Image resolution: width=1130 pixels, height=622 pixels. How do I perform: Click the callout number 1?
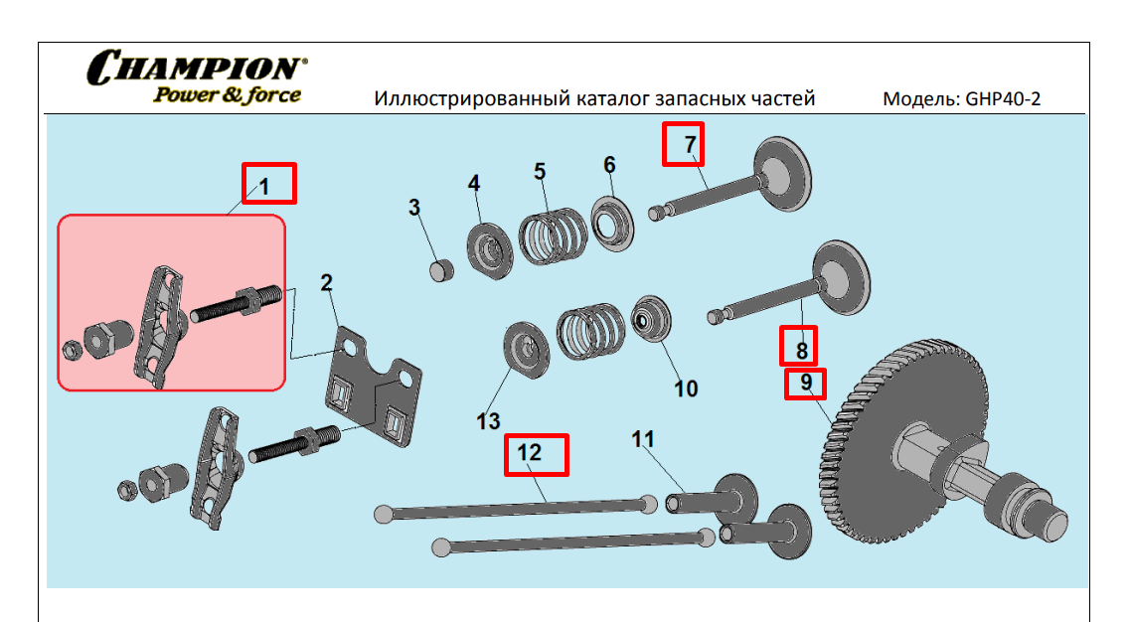tap(265, 185)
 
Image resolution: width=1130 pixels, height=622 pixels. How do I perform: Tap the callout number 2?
tap(326, 282)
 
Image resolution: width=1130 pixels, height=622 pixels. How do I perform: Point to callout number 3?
tap(414, 208)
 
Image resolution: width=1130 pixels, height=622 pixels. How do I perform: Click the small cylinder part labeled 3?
tap(441, 268)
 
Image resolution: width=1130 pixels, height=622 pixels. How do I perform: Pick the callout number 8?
tap(801, 349)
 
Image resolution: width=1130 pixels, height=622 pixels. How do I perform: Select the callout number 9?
tap(806, 383)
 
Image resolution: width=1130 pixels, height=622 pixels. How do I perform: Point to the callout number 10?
tap(686, 388)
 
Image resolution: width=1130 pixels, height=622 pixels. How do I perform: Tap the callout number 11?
tap(643, 438)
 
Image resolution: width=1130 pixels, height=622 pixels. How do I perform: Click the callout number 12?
tap(530, 452)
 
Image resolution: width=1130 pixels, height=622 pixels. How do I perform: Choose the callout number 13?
tap(488, 421)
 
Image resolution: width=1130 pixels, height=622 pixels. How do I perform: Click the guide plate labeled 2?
tap(373, 388)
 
